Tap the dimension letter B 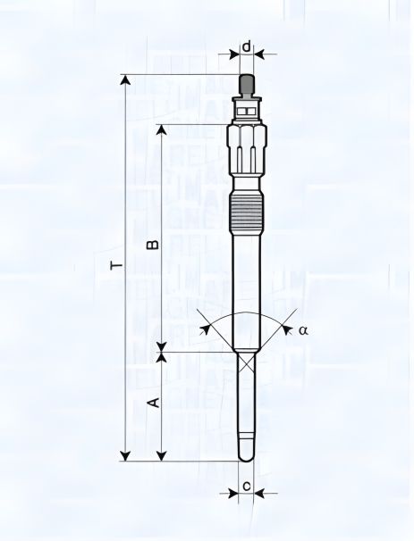(x=153, y=243)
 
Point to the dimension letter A (x=153, y=404)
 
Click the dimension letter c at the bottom (x=246, y=487)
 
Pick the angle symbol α (x=303, y=329)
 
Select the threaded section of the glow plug (x=247, y=214)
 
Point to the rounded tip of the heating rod (x=247, y=456)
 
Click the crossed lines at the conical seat (x=247, y=361)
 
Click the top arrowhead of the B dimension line (x=162, y=129)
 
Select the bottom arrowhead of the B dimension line (x=162, y=345)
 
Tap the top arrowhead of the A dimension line (x=162, y=358)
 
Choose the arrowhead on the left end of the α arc (x=207, y=329)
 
